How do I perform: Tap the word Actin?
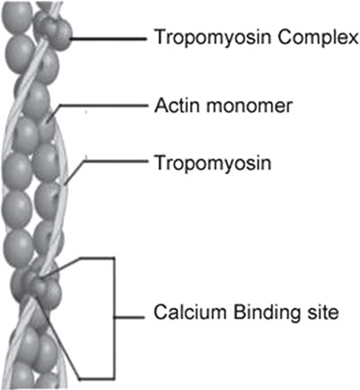click(x=177, y=105)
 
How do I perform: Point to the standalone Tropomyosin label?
click(x=212, y=164)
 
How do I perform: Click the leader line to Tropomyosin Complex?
click(x=109, y=39)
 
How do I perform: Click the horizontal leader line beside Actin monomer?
click(x=103, y=105)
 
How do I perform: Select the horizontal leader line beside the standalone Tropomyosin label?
click(x=115, y=161)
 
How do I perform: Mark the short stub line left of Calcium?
click(x=130, y=317)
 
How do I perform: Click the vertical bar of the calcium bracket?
click(x=114, y=318)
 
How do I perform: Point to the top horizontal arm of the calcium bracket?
click(x=96, y=258)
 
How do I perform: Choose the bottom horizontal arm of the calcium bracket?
click(x=96, y=378)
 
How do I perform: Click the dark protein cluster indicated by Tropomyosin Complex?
click(x=56, y=32)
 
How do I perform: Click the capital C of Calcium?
click(x=160, y=313)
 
